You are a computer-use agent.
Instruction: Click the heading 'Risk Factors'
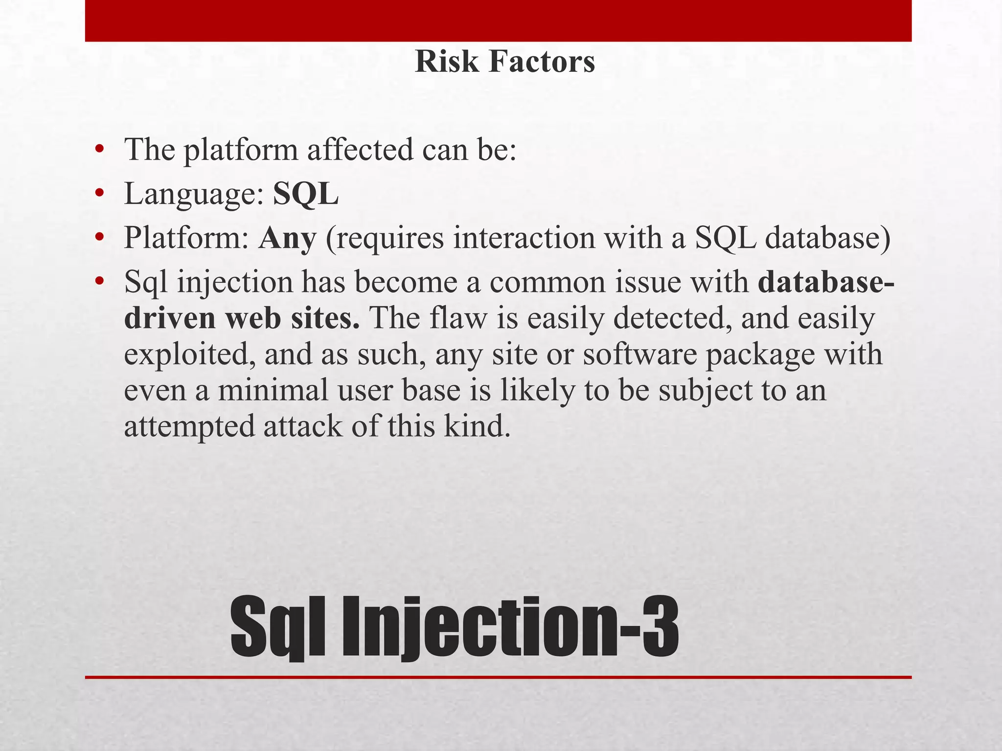504,62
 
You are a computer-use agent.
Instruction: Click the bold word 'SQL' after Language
305,194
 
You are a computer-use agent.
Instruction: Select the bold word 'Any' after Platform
287,239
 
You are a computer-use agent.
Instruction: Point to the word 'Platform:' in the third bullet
186,239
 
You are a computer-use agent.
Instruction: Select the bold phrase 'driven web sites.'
242,318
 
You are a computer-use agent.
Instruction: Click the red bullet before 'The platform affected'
100,149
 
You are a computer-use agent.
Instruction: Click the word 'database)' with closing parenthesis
827,239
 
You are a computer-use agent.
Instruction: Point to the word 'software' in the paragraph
639,354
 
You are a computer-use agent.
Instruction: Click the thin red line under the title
498,677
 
